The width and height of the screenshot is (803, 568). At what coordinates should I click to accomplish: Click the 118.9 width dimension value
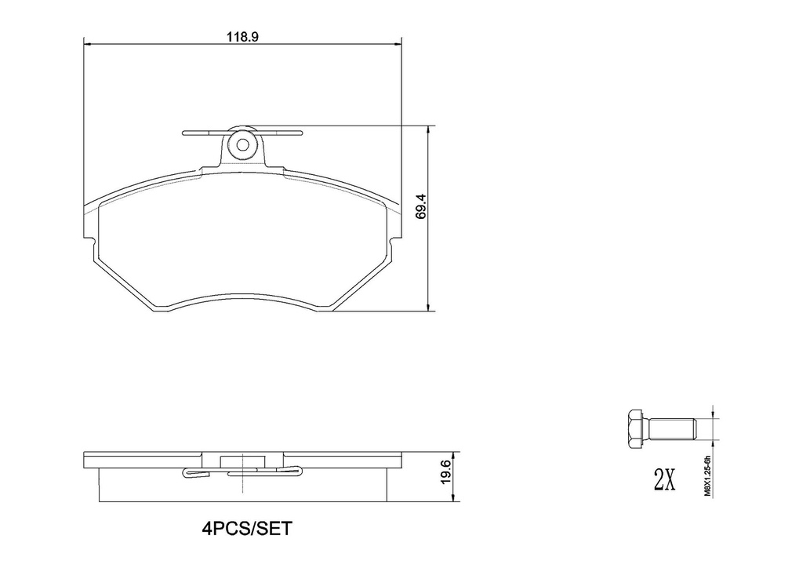coord(242,37)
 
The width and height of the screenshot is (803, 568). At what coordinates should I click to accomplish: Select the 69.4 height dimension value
coord(421,206)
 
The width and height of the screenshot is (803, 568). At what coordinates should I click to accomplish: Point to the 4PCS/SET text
coord(246,528)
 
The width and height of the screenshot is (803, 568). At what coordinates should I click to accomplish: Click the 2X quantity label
coord(664,479)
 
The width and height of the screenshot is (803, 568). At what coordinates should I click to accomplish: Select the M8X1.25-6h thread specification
coord(708,476)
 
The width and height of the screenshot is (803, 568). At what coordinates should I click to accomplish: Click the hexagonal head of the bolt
coord(635,429)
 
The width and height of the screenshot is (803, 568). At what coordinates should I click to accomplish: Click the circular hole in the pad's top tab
coord(243,145)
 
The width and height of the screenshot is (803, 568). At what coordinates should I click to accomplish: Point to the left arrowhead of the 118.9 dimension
coord(86,45)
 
